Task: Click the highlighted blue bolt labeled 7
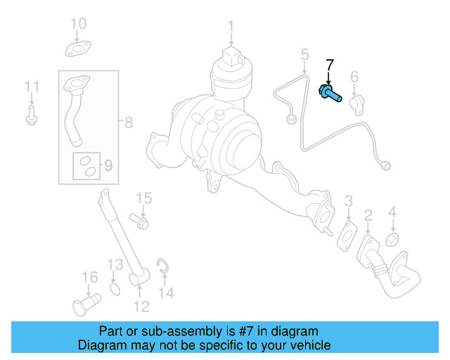pos(331,94)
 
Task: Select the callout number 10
pos(78,25)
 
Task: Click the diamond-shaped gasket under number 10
pos(77,49)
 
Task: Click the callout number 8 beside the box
pos(128,123)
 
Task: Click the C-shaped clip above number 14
pos(162,265)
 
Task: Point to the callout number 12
pos(141,306)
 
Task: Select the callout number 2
pos(368,214)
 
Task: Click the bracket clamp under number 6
pos(356,101)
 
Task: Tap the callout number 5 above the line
pos(305,54)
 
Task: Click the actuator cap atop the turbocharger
pos(231,56)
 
